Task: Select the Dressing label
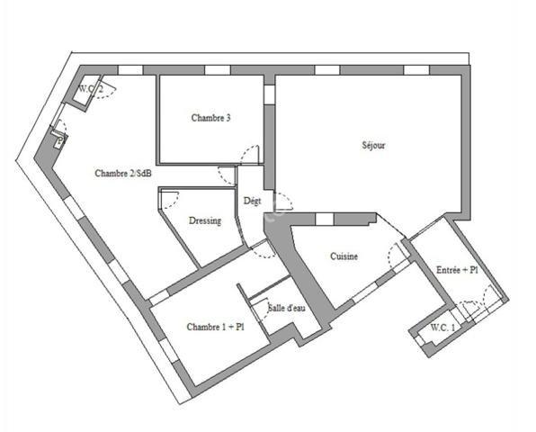(x=205, y=221)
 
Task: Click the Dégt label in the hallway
(x=253, y=202)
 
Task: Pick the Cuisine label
(x=344, y=256)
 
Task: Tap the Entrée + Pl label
(x=457, y=270)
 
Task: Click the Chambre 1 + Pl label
(x=215, y=327)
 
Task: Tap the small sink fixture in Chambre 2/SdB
(x=58, y=140)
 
